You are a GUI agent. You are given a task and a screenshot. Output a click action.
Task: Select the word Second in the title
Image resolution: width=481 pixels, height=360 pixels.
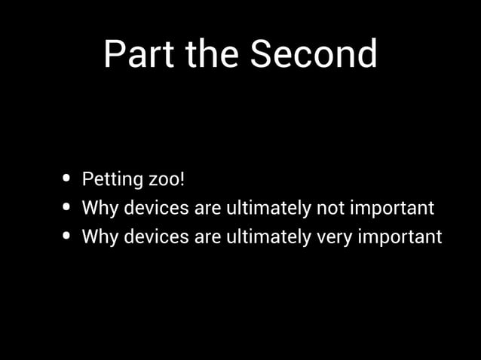[314, 54]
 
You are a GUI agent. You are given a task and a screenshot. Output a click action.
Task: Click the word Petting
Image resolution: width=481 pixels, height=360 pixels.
[112, 180]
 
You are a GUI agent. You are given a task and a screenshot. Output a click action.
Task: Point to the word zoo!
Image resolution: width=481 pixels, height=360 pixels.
[167, 180]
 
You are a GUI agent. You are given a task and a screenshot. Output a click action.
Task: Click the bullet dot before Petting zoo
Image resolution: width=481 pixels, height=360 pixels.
[69, 179]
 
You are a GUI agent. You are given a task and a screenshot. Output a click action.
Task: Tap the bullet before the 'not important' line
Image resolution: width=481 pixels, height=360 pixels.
[69, 207]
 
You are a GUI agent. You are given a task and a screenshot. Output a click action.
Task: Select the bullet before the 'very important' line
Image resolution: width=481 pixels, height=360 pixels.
[69, 236]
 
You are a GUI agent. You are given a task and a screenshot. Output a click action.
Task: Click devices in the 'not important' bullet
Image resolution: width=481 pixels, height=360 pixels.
[156, 208]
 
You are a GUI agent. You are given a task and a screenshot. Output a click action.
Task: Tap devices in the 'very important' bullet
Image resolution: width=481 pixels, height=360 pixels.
[156, 236]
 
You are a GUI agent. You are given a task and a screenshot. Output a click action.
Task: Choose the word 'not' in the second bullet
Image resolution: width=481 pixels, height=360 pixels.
[329, 208]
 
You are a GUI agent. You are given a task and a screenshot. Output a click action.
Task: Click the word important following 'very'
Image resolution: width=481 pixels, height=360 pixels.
[400, 237]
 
